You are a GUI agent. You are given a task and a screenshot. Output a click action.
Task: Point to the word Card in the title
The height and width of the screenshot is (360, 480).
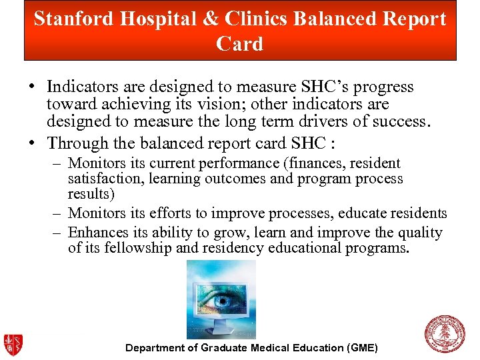(x=240, y=44)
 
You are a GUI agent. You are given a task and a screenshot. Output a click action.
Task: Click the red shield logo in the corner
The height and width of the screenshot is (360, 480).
(x=13, y=344)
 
